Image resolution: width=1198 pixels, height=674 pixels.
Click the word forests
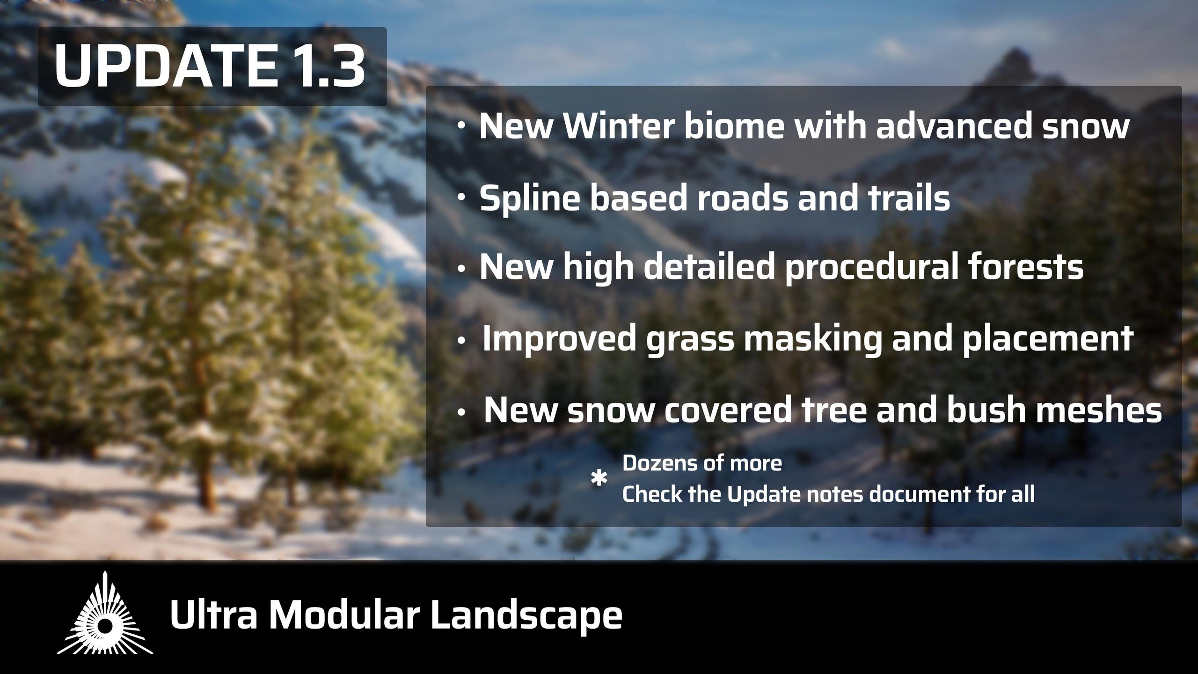1025,267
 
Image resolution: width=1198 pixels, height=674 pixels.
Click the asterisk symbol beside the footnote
599,479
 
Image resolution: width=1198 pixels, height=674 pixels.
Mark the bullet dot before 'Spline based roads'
461,198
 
